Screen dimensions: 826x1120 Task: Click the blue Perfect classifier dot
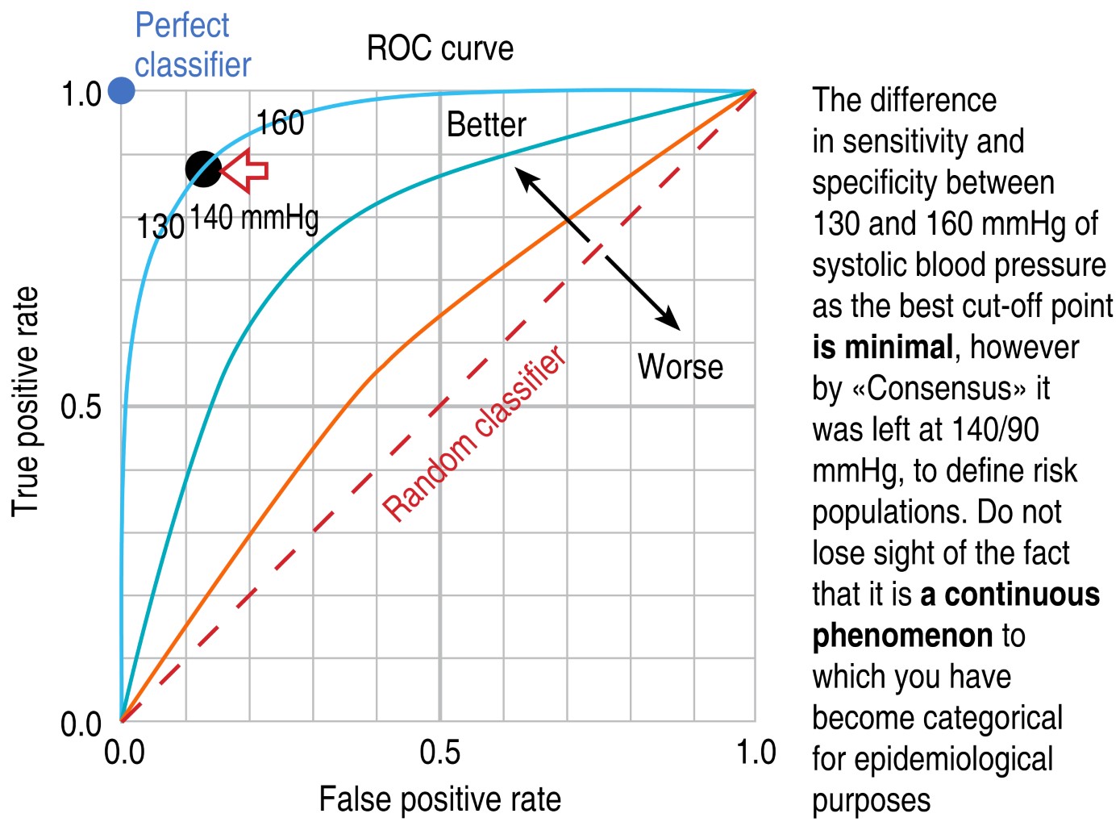point(122,91)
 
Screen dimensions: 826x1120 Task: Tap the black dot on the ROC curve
point(203,169)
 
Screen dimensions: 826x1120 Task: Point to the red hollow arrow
point(244,170)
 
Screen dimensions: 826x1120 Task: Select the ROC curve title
point(439,49)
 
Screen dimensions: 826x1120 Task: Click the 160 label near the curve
point(280,123)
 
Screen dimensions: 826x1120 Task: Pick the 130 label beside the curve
point(160,227)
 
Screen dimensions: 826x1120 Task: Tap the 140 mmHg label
point(254,218)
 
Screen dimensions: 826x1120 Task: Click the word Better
point(486,125)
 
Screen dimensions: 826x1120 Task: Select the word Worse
point(680,367)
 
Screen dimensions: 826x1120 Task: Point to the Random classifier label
point(474,434)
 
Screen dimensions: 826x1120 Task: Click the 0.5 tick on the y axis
point(81,407)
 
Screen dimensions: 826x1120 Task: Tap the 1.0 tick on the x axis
point(756,753)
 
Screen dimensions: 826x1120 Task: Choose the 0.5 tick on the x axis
point(440,753)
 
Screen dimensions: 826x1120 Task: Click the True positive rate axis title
point(26,401)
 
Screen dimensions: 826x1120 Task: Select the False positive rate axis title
point(439,799)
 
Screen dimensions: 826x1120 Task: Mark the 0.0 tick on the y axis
point(81,724)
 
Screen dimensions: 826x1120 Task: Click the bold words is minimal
point(882,348)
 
